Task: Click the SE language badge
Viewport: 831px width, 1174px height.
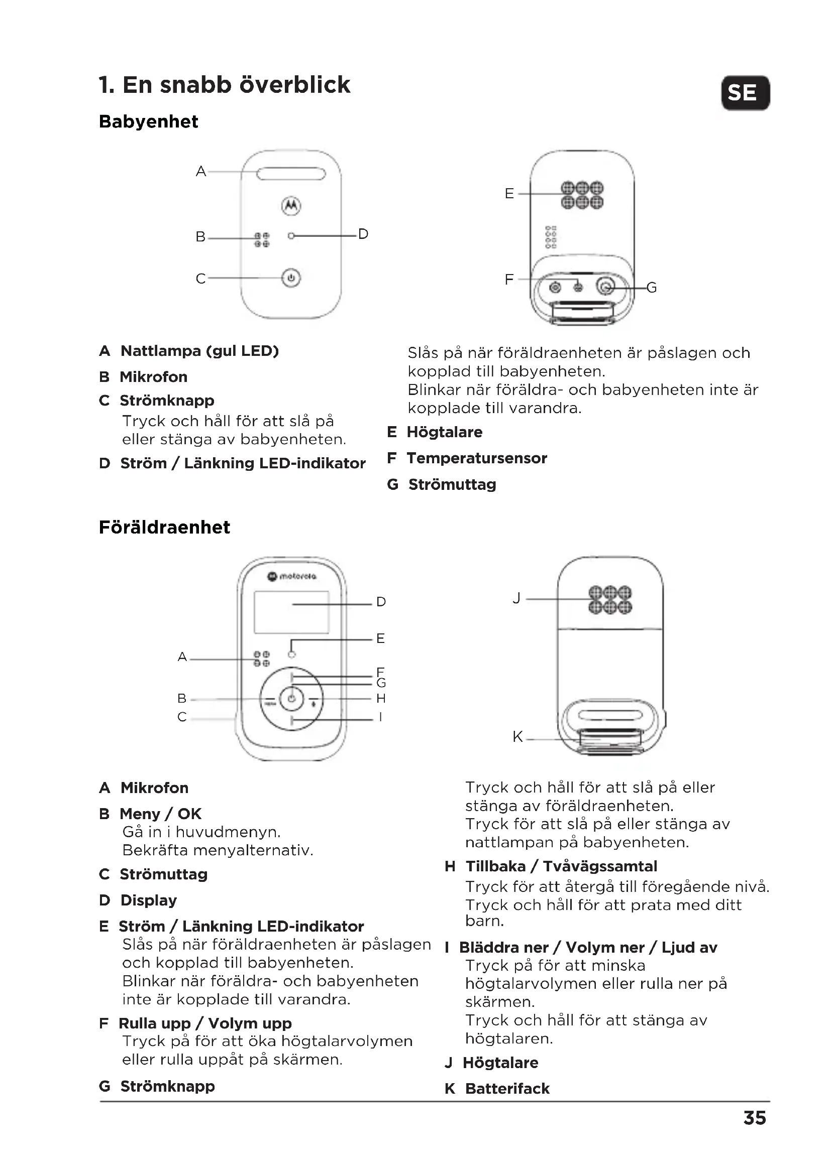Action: coord(745,93)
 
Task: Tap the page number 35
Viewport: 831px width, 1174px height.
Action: coord(754,1118)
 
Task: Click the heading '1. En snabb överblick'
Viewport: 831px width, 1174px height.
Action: coord(224,85)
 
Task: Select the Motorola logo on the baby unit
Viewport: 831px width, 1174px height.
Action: coord(291,206)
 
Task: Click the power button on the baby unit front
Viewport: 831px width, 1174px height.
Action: coord(291,278)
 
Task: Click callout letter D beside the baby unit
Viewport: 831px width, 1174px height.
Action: coord(363,234)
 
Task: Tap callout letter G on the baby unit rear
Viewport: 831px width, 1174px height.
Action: coord(652,288)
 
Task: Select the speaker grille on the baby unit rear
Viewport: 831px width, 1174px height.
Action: coord(582,195)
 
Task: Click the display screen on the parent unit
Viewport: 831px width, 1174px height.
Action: coord(291,612)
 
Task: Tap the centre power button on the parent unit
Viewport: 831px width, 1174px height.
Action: coord(291,699)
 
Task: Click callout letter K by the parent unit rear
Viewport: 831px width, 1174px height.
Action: coord(517,737)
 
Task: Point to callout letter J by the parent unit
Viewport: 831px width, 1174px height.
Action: coord(517,598)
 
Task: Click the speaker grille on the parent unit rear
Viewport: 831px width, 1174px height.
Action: coord(610,600)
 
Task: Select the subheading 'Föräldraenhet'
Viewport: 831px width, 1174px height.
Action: coord(164,527)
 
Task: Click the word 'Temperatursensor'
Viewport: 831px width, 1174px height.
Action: coord(476,458)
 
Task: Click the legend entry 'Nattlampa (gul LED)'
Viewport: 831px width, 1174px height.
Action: coord(199,351)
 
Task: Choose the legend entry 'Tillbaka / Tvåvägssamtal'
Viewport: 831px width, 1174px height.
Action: coord(561,866)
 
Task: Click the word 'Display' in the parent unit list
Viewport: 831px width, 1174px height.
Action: coord(148,900)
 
